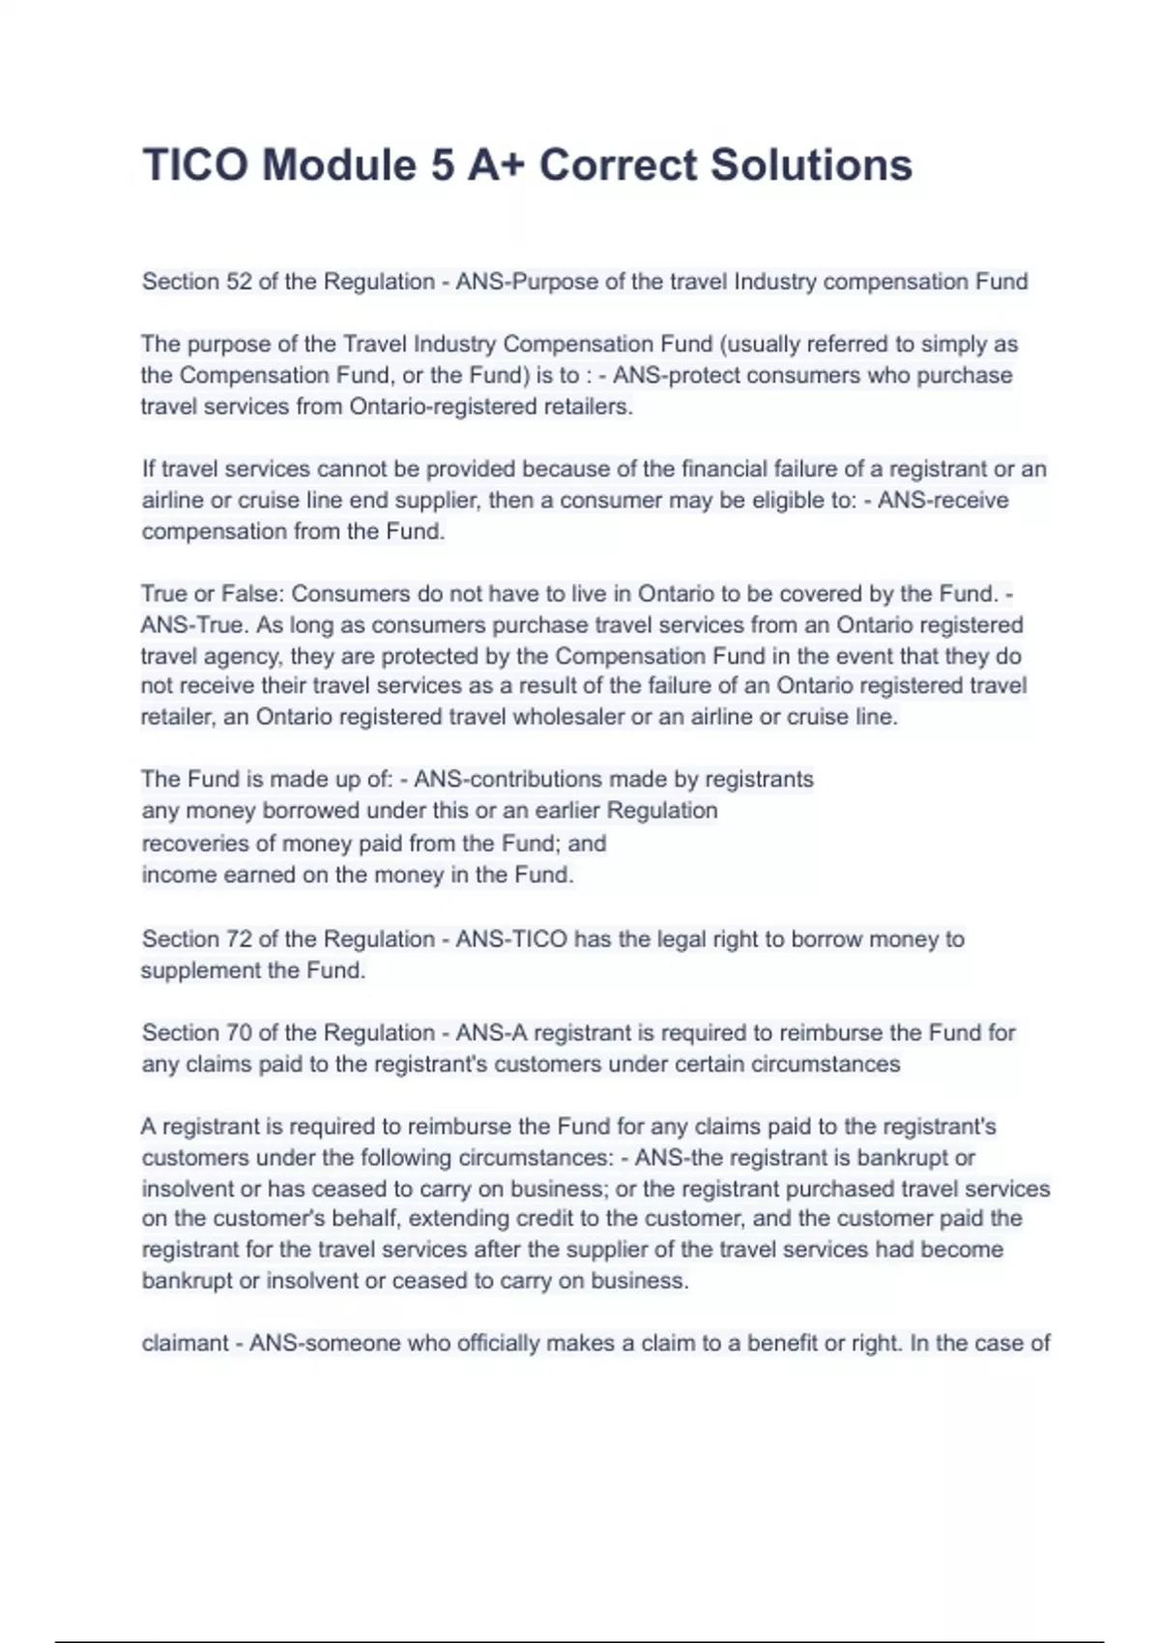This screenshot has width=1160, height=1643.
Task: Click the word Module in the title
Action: click(338, 165)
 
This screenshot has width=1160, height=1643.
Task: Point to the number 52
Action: click(239, 282)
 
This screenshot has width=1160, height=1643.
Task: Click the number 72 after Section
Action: click(239, 939)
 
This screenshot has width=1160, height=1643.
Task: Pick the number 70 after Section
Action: click(239, 1033)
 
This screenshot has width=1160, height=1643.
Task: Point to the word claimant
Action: click(185, 1343)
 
